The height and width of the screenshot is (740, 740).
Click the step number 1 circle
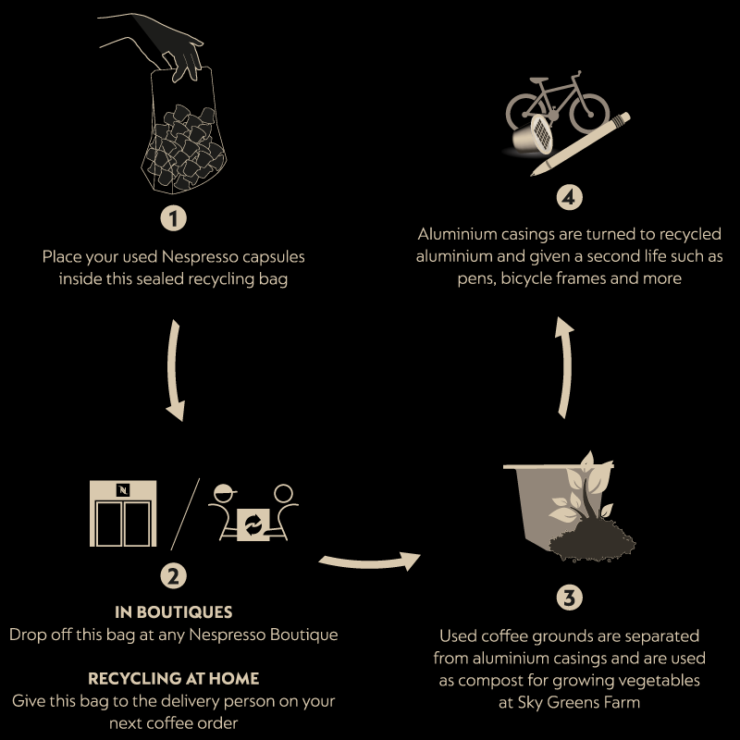tap(173, 218)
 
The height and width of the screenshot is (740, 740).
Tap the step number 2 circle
tap(173, 575)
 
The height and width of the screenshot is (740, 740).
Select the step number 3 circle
tap(569, 598)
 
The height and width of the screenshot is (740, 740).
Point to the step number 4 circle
tap(569, 197)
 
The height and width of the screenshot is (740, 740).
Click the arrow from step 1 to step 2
tap(173, 371)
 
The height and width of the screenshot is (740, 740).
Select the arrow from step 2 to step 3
tap(369, 562)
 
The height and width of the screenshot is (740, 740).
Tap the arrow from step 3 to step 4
tap(566, 367)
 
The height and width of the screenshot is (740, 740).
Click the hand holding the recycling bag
tap(155, 44)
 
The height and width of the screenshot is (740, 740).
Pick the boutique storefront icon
tap(123, 513)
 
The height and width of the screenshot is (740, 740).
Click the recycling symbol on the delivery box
tap(253, 524)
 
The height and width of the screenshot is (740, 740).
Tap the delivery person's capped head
tap(225, 494)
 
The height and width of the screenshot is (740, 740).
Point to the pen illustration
tap(581, 144)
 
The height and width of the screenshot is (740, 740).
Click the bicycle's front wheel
tap(589, 114)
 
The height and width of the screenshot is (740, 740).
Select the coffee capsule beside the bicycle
tap(534, 135)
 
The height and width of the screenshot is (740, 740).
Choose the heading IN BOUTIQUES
tap(173, 612)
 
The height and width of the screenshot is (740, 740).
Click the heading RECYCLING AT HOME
tap(173, 679)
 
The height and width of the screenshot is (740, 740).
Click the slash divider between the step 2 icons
tap(185, 514)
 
